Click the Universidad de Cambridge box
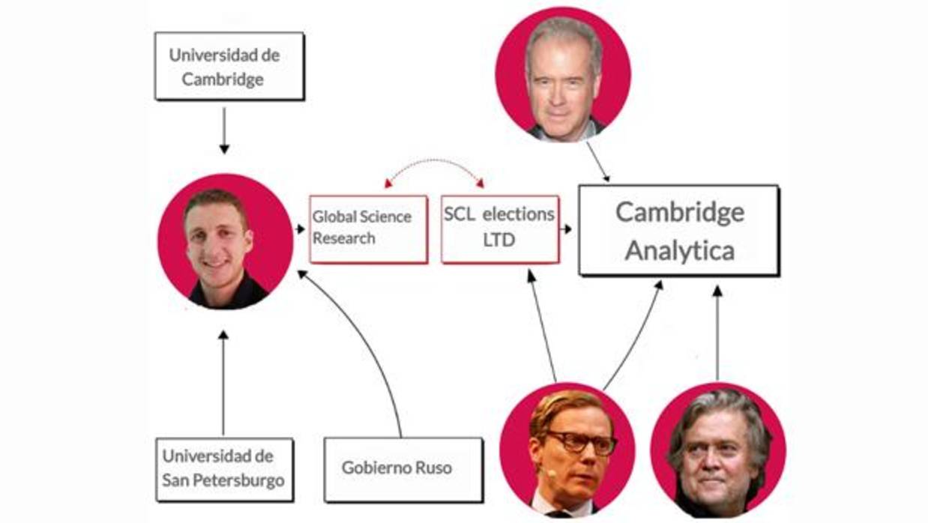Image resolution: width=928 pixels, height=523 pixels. coord(229,66)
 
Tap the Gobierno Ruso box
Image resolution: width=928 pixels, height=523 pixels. coord(403,469)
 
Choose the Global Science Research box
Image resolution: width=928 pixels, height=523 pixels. coord(368,229)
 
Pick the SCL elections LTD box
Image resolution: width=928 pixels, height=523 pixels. coord(499,229)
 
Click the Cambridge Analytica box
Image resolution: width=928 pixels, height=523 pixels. coord(678,231)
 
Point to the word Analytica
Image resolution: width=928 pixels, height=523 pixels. coord(679,250)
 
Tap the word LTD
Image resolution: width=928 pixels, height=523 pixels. coord(498,241)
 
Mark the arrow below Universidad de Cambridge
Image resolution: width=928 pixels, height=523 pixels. coord(223,129)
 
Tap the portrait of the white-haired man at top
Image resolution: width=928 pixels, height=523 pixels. coord(562,75)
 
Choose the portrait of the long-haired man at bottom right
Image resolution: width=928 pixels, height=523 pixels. coord(717,451)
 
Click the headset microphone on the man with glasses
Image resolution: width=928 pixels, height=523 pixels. coord(549,474)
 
